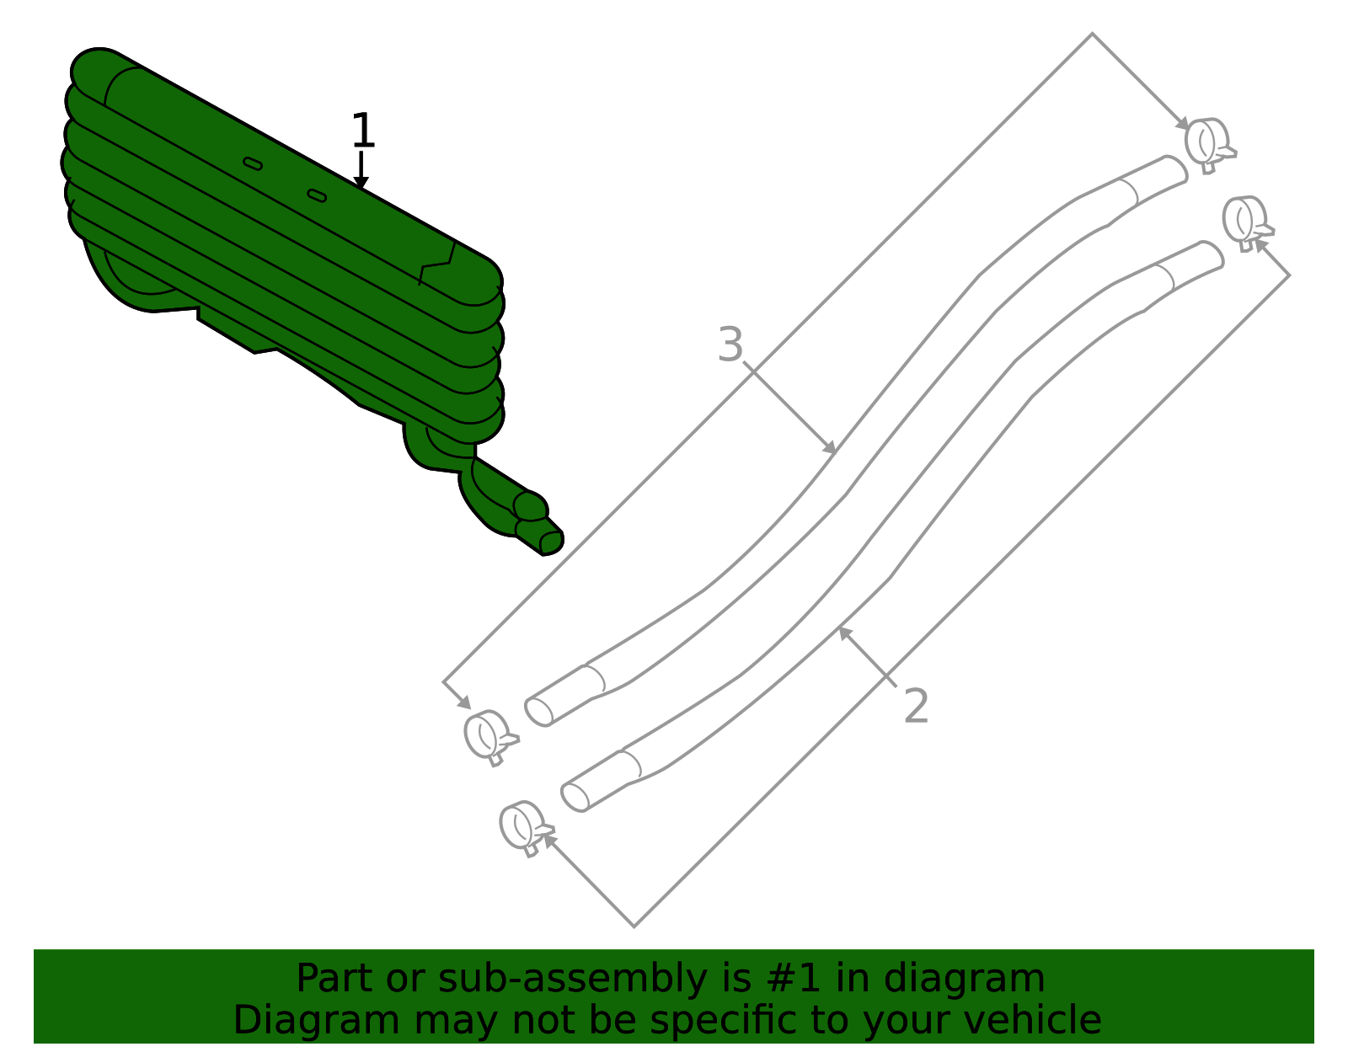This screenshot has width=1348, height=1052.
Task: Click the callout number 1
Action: pos(363,130)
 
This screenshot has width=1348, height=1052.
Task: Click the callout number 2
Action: pos(916,706)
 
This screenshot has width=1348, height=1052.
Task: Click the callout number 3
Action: pos(730,344)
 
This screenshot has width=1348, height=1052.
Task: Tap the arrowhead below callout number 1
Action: pos(361,182)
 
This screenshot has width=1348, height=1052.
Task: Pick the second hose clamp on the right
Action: pos(1247,224)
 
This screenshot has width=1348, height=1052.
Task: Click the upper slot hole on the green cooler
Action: pos(253,163)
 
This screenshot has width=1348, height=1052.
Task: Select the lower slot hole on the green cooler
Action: pos(317,196)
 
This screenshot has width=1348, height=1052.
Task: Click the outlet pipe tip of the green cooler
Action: pos(552,543)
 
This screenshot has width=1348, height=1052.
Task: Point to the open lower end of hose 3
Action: pos(538,712)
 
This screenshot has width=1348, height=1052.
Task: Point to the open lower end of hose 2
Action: pos(575,798)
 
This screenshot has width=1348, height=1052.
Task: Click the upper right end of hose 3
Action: pos(1174,168)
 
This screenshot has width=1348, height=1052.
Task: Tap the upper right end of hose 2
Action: pos(1211,254)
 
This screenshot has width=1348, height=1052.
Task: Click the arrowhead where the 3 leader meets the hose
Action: pos(830,447)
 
